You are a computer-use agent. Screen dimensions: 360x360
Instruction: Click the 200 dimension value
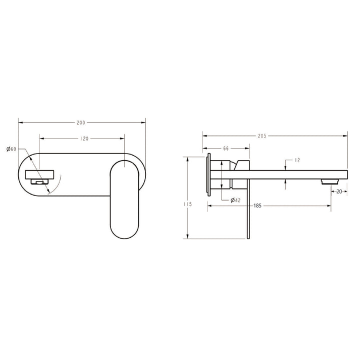coord(80,122)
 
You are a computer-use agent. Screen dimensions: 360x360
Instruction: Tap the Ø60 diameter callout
coord(11,149)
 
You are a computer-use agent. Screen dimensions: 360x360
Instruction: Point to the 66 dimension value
coord(225,148)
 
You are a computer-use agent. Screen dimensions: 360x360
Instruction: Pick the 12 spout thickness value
coord(297,160)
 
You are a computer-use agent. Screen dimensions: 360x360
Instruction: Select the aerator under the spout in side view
coord(327,180)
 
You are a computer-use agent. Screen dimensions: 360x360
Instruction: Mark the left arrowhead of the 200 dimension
coord(20,122)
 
